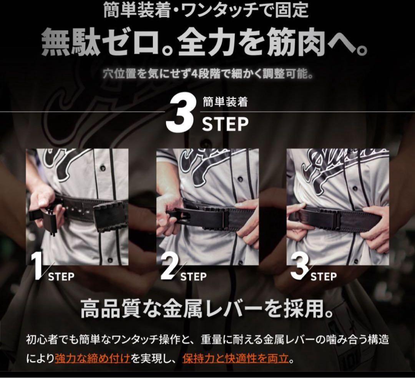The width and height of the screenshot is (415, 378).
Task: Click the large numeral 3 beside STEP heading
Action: tap(180, 114)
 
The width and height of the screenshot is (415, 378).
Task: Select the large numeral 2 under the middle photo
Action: tap(170, 265)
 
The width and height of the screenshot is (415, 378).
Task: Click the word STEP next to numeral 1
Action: tap(61, 277)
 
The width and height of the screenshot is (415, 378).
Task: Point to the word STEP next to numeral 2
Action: tap(193, 277)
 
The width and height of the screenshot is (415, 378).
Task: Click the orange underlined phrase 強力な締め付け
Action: tap(93, 359)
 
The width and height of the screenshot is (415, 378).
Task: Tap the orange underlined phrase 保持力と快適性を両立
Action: tap(235, 359)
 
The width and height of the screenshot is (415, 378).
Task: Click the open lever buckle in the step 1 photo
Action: tap(47, 217)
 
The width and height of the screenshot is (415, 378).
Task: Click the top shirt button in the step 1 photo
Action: tap(101, 167)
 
